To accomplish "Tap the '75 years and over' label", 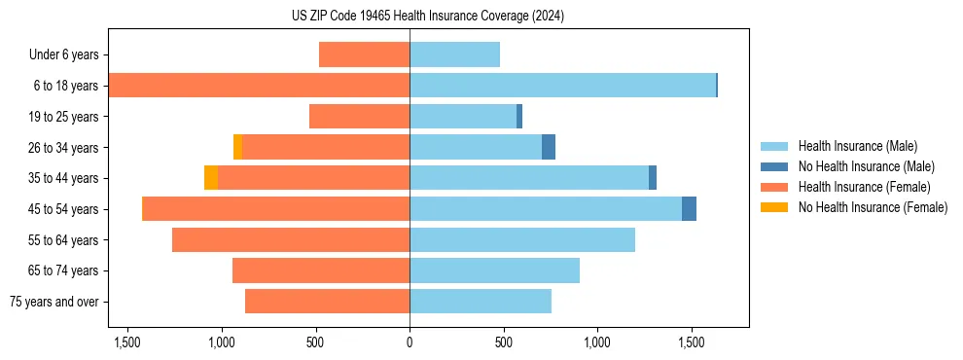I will tap(54, 302).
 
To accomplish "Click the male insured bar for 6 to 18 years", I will tap(562, 86).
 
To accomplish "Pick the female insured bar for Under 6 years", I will tap(364, 54).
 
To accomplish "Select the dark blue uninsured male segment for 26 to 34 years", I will tap(549, 147).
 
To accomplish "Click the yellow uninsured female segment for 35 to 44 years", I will tap(211, 178).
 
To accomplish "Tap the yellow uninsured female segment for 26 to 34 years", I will tap(238, 147).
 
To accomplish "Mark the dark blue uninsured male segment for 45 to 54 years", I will tap(689, 209).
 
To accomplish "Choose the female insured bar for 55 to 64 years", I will tap(291, 239).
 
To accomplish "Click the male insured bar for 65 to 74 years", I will tap(494, 270).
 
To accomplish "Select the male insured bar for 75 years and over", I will tap(481, 302).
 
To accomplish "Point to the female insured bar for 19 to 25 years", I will tap(359, 117).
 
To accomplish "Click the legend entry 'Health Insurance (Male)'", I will tap(857, 146).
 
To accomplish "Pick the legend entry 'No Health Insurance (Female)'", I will tap(873, 207).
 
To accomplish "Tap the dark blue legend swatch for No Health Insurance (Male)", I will tap(774, 166).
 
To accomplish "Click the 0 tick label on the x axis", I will tap(410, 343).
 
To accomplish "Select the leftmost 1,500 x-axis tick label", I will tap(127, 343).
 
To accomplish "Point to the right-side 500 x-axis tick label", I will tap(503, 343).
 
